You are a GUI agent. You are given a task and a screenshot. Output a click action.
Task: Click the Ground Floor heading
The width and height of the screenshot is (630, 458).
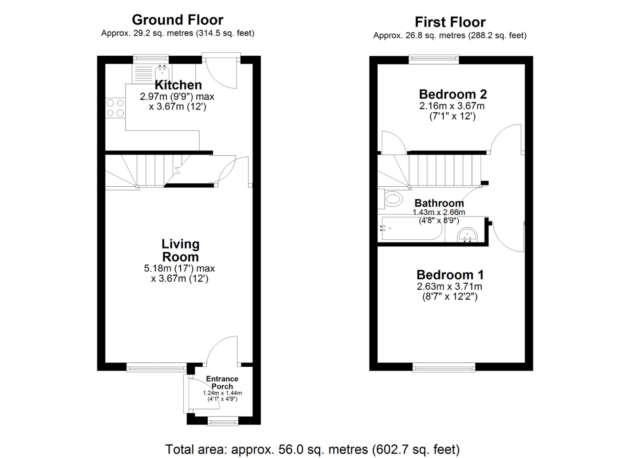pyautogui.click(x=177, y=20)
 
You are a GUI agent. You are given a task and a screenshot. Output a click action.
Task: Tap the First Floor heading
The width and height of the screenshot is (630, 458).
pyautogui.click(x=450, y=22)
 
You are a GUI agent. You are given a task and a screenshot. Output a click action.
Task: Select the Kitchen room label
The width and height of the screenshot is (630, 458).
pyautogui.click(x=178, y=85)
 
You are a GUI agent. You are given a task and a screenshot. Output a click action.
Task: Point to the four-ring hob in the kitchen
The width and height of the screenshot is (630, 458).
pyautogui.click(x=115, y=108)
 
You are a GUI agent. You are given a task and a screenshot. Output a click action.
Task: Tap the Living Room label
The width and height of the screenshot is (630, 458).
pyautogui.click(x=181, y=250)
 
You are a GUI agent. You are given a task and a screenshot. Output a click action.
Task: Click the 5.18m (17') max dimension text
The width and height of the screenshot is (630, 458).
pyautogui.click(x=179, y=268)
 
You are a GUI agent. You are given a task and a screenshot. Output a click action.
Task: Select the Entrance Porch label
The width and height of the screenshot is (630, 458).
pyautogui.click(x=222, y=383)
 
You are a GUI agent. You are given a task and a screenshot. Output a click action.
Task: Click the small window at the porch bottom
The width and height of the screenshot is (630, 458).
pyautogui.click(x=223, y=421)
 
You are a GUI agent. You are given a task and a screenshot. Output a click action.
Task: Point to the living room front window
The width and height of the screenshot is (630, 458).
pyautogui.click(x=157, y=367)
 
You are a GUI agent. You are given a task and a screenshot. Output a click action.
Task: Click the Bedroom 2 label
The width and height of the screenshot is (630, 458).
pyautogui.click(x=453, y=94)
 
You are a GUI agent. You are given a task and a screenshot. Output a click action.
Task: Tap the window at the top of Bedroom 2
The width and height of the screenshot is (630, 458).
pyautogui.click(x=433, y=59)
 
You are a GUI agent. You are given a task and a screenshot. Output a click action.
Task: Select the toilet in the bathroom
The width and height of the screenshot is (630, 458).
pyautogui.click(x=393, y=199)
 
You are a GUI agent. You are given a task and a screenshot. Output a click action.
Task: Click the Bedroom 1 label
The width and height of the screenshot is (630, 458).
pyautogui.click(x=450, y=275)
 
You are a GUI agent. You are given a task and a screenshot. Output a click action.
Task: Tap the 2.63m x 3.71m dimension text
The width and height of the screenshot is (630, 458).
pyautogui.click(x=449, y=287)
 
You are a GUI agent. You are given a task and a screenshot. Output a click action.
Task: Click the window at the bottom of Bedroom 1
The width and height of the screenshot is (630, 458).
pyautogui.click(x=444, y=367)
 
